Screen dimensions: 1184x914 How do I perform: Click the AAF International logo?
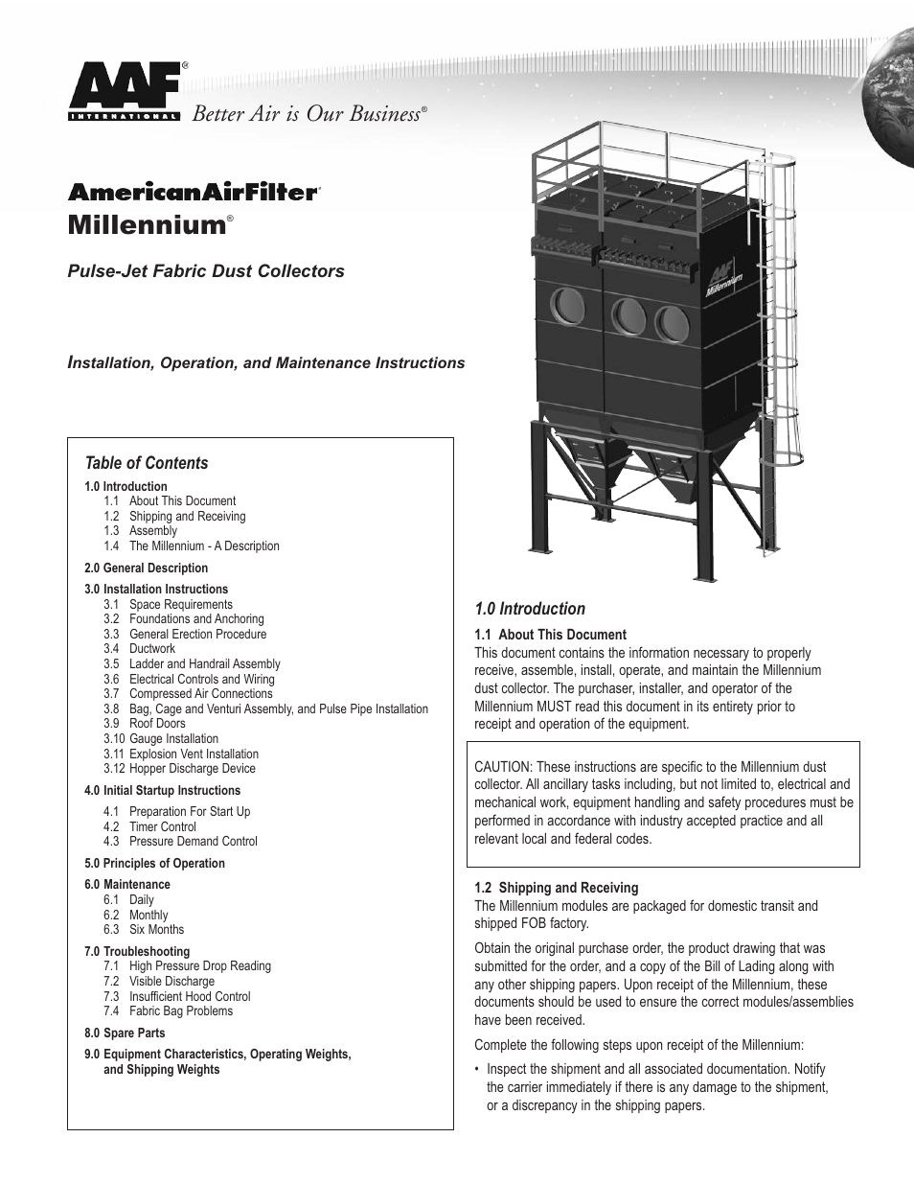124,92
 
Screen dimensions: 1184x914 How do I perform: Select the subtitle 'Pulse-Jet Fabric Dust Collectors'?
205,271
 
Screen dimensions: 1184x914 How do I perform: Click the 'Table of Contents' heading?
146,463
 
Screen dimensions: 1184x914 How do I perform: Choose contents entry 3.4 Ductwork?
151,649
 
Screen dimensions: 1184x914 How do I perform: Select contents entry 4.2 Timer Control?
162,826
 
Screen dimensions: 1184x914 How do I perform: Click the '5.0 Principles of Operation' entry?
154,863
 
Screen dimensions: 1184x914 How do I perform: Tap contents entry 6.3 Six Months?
155,929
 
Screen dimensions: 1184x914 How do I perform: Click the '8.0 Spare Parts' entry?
125,1033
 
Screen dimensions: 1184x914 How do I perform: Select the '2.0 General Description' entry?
146,568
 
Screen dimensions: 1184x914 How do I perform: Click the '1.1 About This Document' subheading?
550,635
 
